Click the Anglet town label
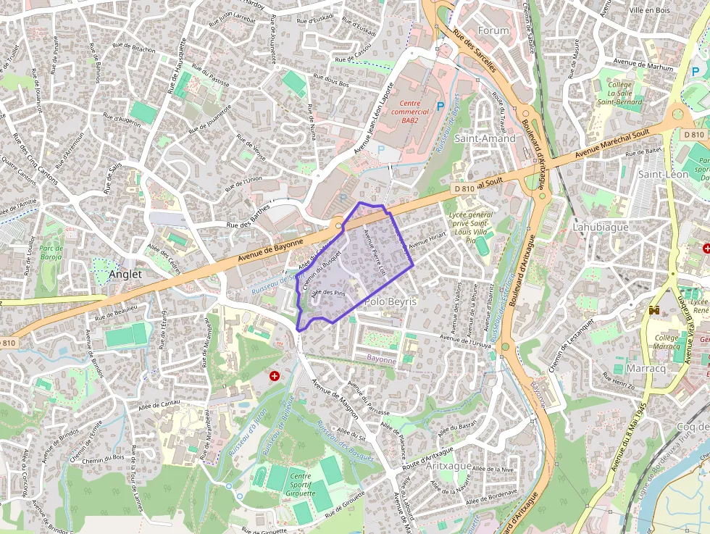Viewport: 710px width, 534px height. pos(125,275)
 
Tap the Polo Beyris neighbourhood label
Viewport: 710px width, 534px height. pos(391,301)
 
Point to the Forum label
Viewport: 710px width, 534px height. pos(494,30)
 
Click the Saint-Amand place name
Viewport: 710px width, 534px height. pos(485,138)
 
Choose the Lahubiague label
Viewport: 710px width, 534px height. pos(600,227)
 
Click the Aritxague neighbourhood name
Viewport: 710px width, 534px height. pos(448,466)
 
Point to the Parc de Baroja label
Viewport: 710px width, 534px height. pos(51,252)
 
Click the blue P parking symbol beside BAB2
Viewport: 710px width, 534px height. pos(440,107)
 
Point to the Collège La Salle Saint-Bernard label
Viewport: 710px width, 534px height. pos(619,93)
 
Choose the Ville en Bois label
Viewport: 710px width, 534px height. pos(649,10)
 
